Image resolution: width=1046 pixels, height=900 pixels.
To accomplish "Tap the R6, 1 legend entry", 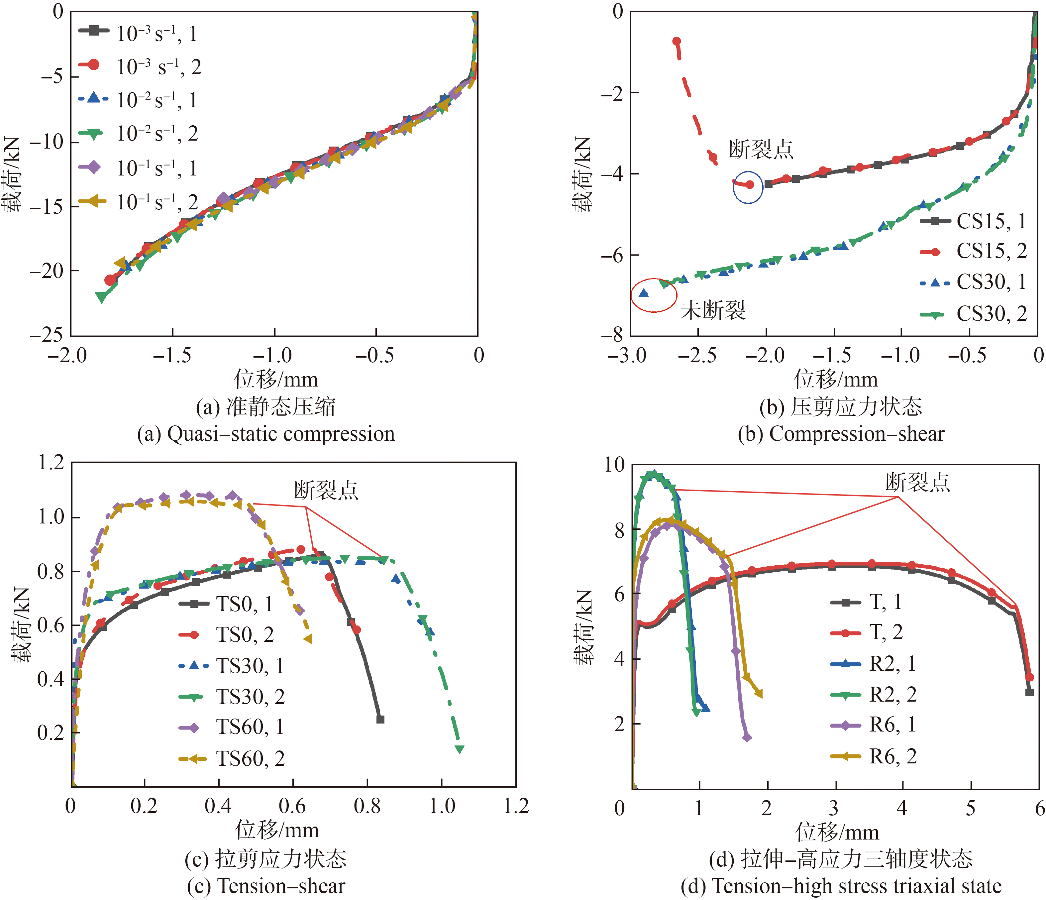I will (873, 725).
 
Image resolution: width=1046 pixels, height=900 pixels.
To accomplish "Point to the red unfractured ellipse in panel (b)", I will (654, 295).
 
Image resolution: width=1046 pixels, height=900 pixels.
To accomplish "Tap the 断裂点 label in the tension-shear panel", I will (326, 490).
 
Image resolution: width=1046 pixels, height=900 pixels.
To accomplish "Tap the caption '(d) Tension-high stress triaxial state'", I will (841, 886).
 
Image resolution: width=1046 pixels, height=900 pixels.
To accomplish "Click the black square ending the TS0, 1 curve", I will (381, 719).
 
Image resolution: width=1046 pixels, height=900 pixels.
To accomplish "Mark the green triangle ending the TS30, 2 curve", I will (460, 749).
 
